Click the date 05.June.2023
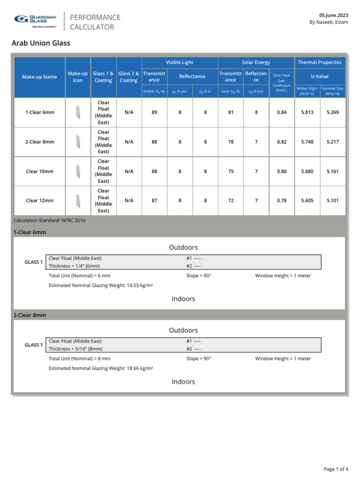tap(334, 15)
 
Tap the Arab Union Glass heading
tap(41, 43)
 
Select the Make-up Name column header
tap(39, 77)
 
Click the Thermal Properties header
tap(320, 62)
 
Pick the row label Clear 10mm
tap(39, 172)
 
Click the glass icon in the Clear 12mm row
tap(78, 201)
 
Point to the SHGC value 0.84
tap(281, 112)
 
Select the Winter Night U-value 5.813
tap(307, 112)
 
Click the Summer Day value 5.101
tap(332, 201)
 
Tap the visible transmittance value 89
tap(154, 112)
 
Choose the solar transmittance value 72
tap(231, 201)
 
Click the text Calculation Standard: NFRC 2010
tap(50, 220)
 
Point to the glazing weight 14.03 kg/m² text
tap(101, 285)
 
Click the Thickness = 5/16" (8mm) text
tap(75, 349)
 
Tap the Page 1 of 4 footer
tap(336, 469)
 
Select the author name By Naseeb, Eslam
tap(328, 22)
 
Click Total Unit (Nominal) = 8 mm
tap(80, 359)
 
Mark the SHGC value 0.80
tap(281, 172)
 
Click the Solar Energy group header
tap(256, 62)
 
